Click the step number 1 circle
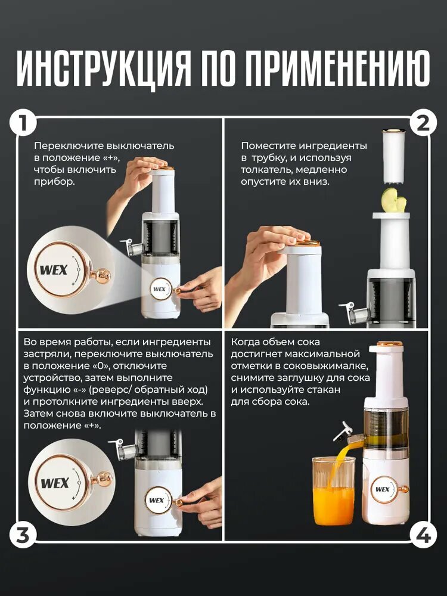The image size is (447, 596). pos(23,123)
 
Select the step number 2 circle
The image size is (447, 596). pos(423,123)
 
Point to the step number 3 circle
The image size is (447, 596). pos(23,535)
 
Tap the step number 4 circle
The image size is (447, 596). pos(423,535)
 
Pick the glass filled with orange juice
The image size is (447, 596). pos(333,491)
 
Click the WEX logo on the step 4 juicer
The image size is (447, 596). pos(383,489)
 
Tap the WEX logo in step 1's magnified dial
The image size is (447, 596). pos(54,270)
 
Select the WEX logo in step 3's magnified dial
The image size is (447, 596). pos(55,483)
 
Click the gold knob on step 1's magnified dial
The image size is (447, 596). pos(101,275)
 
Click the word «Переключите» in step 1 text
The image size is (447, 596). pos(70,146)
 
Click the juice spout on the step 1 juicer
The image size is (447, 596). pos(133,247)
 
